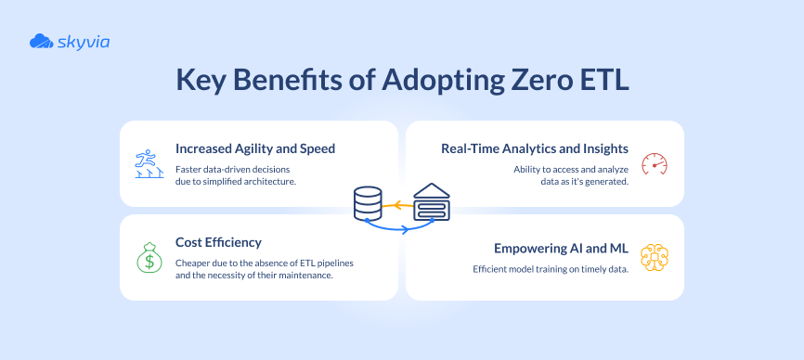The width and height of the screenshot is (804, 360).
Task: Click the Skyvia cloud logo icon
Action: [41, 41]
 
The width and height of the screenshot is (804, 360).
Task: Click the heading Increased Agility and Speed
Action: [255, 148]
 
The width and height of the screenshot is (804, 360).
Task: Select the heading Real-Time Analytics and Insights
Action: [535, 148]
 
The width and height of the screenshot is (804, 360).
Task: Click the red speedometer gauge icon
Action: [655, 163]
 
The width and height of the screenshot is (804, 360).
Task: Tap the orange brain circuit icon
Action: [655, 257]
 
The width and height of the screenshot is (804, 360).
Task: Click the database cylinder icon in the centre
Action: [368, 202]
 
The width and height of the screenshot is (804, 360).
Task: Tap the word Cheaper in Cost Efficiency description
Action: [194, 263]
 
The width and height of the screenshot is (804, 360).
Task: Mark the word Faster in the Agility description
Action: [189, 168]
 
